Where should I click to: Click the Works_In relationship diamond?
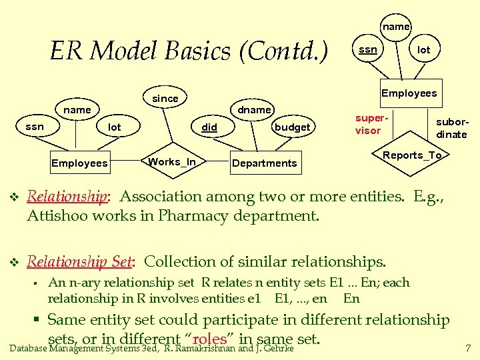[172, 162]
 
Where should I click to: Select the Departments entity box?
[264, 163]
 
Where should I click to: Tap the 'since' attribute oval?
[165, 99]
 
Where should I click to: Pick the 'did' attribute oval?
[209, 127]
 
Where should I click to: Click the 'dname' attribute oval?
[255, 109]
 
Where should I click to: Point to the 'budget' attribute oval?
[293, 127]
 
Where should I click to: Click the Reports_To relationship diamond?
[412, 155]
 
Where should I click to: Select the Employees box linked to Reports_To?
[409, 93]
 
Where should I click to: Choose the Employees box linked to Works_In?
[79, 163]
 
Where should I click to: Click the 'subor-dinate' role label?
[451, 128]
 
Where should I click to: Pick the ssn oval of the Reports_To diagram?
[368, 50]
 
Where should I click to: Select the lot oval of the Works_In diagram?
[115, 127]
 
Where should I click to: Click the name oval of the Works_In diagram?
[77, 109]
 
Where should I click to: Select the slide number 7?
[468, 348]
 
